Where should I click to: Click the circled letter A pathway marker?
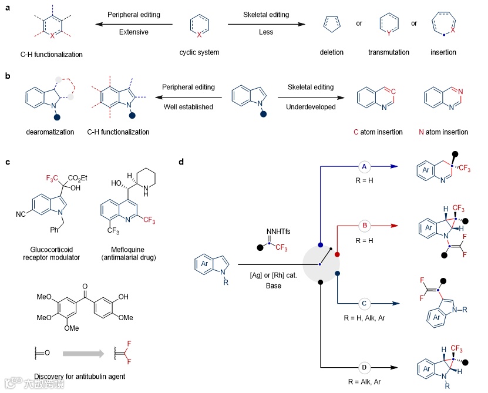pos(364,167)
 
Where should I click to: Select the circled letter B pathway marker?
pos(364,225)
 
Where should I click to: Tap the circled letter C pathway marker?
pos(365,303)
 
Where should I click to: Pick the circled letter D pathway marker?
pos(365,367)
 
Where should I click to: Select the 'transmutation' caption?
pos(388,52)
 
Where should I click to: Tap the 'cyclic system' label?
pos(199,52)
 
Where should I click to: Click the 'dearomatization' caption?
pos(51,132)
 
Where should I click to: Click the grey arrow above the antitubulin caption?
pos(85,354)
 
